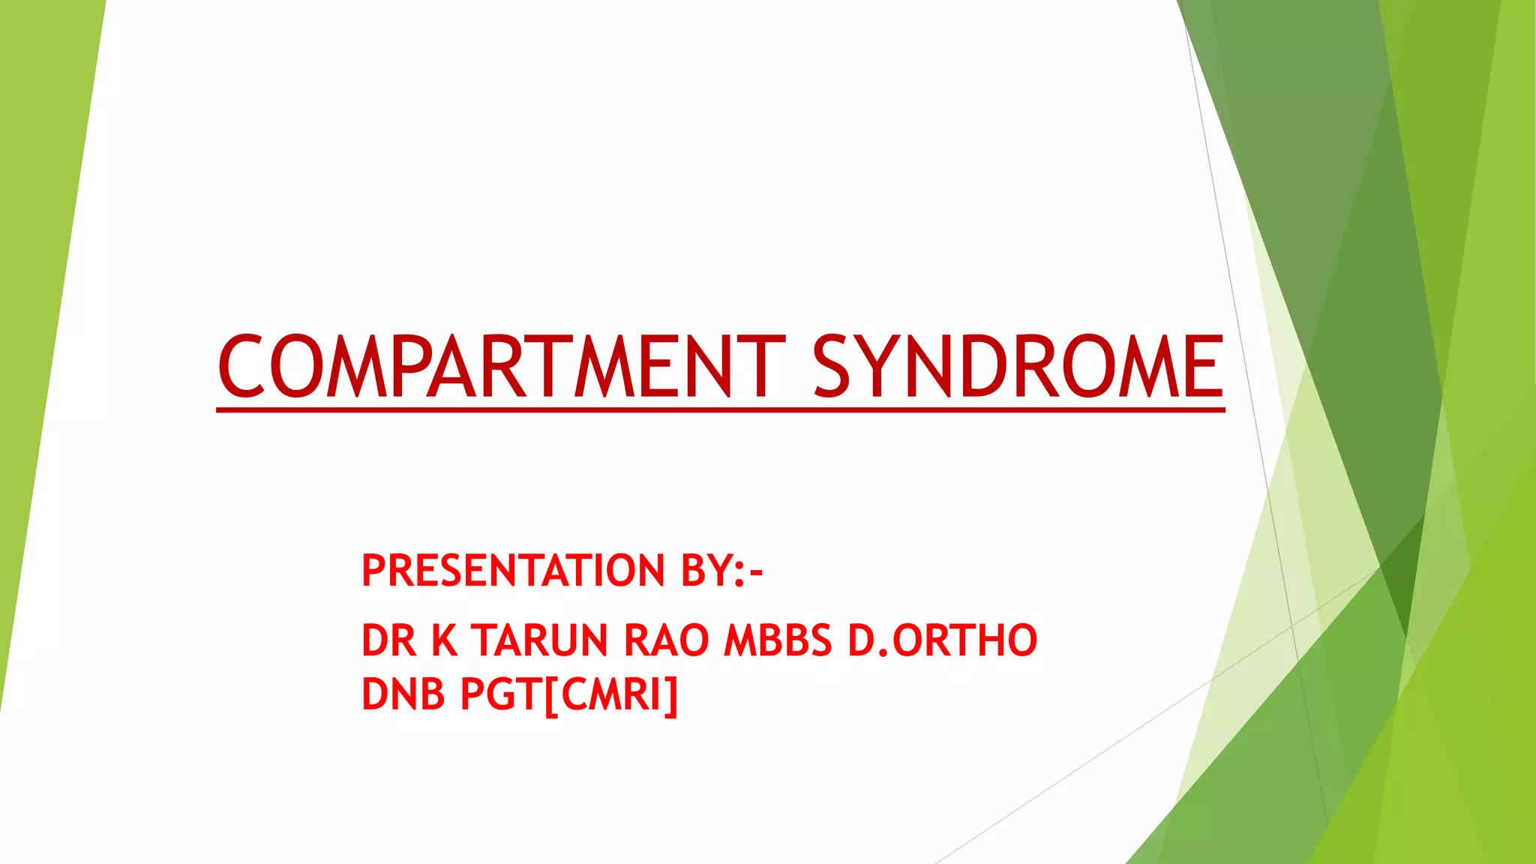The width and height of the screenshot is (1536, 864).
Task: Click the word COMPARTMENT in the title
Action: click(501, 367)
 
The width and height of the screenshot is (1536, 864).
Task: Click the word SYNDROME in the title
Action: click(1018, 367)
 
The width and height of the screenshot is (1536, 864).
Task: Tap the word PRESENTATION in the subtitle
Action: click(513, 571)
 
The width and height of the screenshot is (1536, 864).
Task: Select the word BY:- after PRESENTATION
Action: click(721, 571)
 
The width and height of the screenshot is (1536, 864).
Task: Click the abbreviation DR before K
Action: click(388, 640)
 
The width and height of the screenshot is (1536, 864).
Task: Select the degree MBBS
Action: click(778, 640)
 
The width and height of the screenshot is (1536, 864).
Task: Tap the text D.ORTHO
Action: click(942, 640)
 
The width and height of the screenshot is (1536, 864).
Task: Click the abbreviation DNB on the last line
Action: click(403, 694)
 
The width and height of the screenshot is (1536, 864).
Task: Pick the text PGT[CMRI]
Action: click(568, 694)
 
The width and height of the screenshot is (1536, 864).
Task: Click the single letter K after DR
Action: click(444, 640)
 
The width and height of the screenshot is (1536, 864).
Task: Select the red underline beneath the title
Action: click(720, 409)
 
